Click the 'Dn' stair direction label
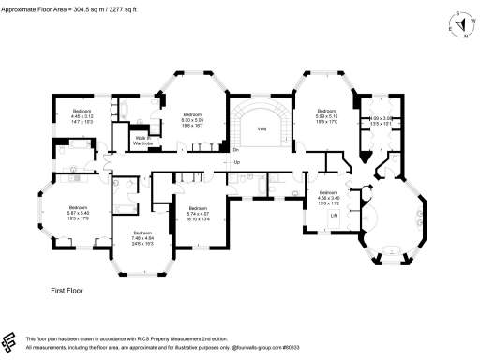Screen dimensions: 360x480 point(236,150)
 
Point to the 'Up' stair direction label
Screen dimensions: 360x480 point(236,163)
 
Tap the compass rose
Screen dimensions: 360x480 point(459,22)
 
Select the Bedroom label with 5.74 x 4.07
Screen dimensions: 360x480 point(198,214)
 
